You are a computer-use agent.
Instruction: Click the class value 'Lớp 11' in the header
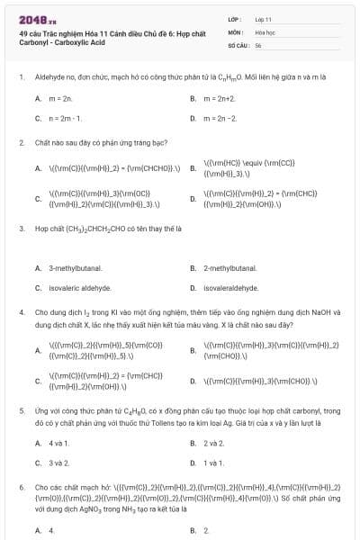click(263, 18)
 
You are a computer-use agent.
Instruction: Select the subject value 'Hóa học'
click(265, 31)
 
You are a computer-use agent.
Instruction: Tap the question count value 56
click(258, 44)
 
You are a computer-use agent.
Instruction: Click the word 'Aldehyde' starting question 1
click(49, 77)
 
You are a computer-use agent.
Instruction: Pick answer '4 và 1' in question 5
click(58, 443)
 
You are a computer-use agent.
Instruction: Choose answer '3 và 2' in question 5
click(58, 463)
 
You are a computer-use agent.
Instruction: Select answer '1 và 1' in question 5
click(213, 463)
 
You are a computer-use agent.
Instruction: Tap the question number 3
click(21, 229)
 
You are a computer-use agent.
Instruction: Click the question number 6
click(21, 486)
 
